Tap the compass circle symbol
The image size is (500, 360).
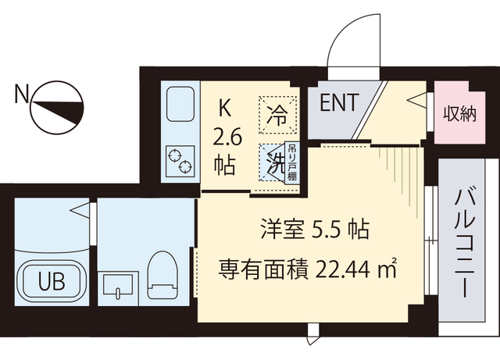(58, 108)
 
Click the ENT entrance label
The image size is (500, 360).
(339, 102)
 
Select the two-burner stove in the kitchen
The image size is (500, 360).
(180, 160)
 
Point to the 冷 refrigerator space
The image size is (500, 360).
(278, 114)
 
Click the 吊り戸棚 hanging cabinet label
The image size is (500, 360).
(291, 162)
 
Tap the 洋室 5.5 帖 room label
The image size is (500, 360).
(314, 230)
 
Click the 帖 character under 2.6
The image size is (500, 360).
(226, 166)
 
